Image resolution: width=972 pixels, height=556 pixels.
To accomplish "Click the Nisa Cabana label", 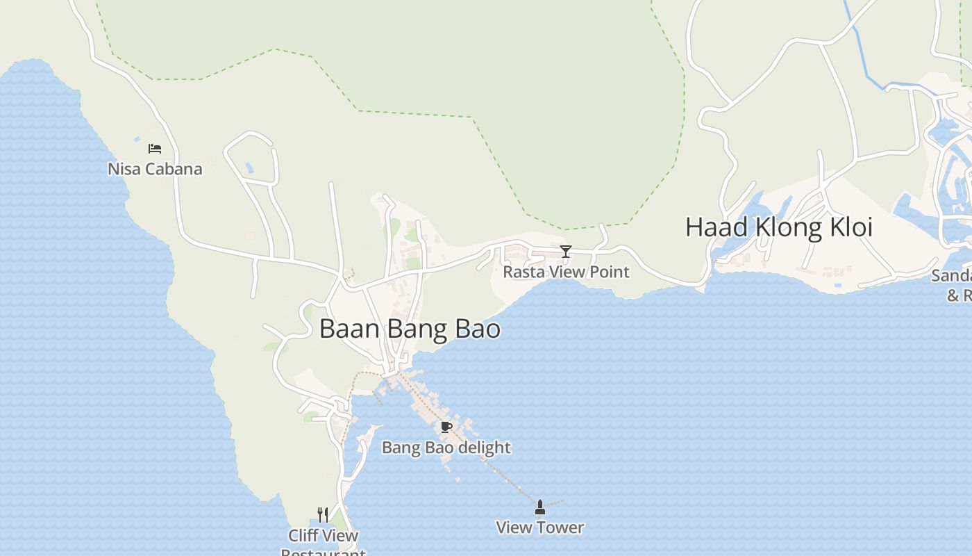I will pos(155,169).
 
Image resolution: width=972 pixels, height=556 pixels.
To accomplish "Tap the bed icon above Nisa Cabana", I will pos(155,149).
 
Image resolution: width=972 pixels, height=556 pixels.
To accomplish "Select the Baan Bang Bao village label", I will pos(410,329).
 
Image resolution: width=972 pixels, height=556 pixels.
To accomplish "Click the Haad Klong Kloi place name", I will pos(778,227).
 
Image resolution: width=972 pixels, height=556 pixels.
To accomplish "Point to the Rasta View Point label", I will pos(566,272).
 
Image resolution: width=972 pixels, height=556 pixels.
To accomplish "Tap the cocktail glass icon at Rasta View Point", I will pos(566,252).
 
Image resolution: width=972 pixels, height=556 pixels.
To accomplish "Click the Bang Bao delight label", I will pos(446,448).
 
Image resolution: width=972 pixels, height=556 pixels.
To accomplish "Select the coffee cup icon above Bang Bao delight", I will pos(446,427).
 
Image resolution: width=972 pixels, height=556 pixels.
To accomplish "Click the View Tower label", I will pos(539,528).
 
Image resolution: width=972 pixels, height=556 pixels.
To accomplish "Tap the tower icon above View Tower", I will pos(540,507).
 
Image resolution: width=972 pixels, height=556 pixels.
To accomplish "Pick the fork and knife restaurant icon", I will pos(323,515).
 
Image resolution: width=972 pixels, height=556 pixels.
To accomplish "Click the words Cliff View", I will pos(324,536).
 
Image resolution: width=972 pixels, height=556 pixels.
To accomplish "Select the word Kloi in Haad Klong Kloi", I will pos(848,227).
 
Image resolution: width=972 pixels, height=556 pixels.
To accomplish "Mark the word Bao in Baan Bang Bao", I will pos(477,329).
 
